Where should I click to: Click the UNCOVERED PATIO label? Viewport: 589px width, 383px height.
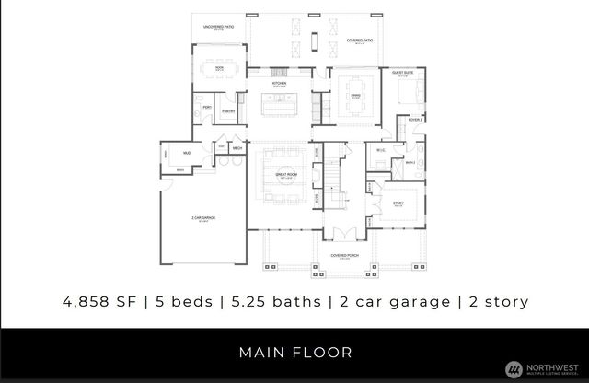tap(217, 28)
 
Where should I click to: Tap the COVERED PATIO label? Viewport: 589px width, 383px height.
tap(359, 41)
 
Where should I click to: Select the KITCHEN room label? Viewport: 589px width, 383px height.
tap(280, 84)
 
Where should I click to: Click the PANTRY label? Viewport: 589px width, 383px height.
tap(227, 111)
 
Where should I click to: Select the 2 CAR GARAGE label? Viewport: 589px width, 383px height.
tap(202, 219)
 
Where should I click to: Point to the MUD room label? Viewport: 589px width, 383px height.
tap(186, 152)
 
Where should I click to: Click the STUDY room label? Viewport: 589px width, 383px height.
tap(398, 203)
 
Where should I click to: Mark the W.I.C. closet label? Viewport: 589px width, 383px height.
tap(379, 151)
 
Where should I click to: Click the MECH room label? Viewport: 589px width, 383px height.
tap(237, 147)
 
